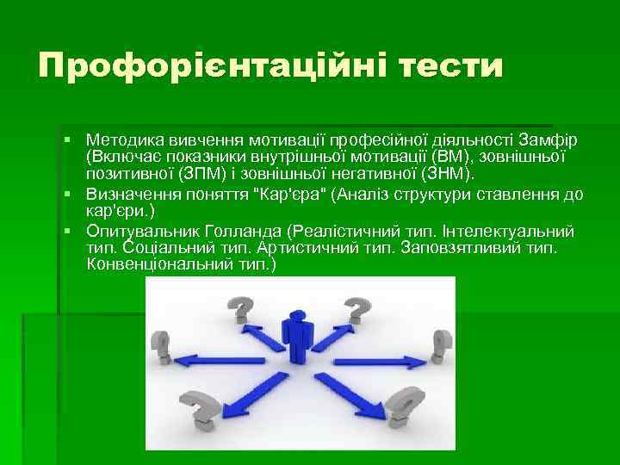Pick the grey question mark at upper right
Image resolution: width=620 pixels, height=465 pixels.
352,307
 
